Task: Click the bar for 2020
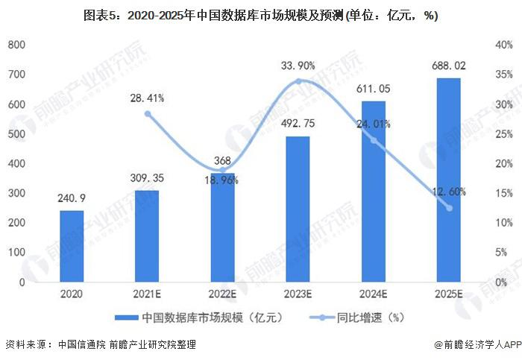pos(72,246)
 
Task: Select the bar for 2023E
pos(298,209)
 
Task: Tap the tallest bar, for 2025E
pos(449,180)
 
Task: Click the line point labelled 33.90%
pos(298,81)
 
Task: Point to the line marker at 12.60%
pos(449,208)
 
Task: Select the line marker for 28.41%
pos(147,114)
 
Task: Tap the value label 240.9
pos(72,198)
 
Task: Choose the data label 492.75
pos(298,124)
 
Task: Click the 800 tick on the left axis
pos(16,45)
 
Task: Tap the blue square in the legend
pos(122,317)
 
